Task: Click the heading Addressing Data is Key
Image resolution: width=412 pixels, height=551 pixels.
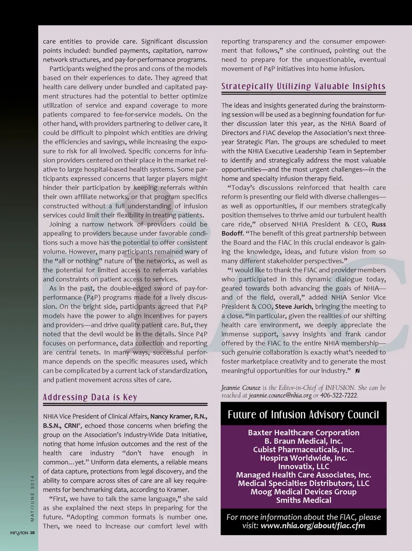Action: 90,397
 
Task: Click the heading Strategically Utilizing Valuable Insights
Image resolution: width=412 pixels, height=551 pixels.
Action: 303,86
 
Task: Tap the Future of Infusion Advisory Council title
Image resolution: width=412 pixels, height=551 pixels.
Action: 303,415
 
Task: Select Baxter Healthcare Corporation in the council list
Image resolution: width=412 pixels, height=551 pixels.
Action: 303,433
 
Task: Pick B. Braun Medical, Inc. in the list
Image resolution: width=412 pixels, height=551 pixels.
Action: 303,441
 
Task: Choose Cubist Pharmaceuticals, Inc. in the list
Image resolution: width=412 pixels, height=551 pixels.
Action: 303,450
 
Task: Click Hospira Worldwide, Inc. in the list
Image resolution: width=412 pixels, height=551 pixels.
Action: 303,458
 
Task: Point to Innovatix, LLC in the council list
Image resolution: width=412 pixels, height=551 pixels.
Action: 303,466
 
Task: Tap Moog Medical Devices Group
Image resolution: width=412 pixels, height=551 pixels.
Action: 303,492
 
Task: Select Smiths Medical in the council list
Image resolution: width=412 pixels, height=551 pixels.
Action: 303,500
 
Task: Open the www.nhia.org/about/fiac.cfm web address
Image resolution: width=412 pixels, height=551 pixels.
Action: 313,526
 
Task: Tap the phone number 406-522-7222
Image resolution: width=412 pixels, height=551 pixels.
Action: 339,395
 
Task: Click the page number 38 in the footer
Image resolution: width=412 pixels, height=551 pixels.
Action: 33,533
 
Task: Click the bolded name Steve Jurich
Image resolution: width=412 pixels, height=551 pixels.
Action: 292,306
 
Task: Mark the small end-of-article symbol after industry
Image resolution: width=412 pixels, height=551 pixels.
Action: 357,370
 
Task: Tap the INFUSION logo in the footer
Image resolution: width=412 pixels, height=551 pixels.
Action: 19,533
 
